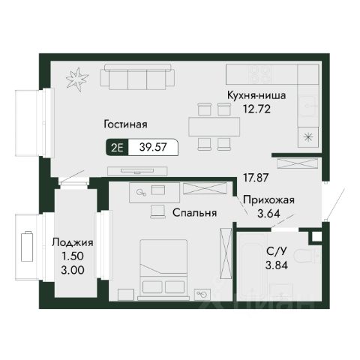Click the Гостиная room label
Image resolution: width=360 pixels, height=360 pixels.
125,124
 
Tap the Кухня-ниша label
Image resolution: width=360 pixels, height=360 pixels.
256,95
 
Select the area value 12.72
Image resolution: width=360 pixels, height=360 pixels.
257,109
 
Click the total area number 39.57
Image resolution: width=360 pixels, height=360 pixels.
153,147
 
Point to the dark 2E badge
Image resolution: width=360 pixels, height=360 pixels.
117,147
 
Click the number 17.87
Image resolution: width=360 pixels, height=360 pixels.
256,178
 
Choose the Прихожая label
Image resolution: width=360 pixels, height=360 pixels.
268,200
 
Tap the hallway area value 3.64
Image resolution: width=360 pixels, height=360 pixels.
268,214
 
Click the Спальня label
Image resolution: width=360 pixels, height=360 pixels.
195,213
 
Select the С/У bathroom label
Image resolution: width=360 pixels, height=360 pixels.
276,251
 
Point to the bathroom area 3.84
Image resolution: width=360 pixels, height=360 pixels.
277,265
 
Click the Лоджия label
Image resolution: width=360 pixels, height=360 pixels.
73,242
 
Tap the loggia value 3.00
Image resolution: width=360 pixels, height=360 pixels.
73,270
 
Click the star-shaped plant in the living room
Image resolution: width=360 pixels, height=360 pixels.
77,79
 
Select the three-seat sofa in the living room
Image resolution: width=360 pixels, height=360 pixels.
137,76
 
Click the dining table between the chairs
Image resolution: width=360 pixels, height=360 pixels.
214,126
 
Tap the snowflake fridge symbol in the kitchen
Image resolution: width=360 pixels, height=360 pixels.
308,136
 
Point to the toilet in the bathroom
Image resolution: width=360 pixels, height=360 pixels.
306,256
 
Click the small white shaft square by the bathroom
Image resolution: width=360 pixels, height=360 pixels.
316,236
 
